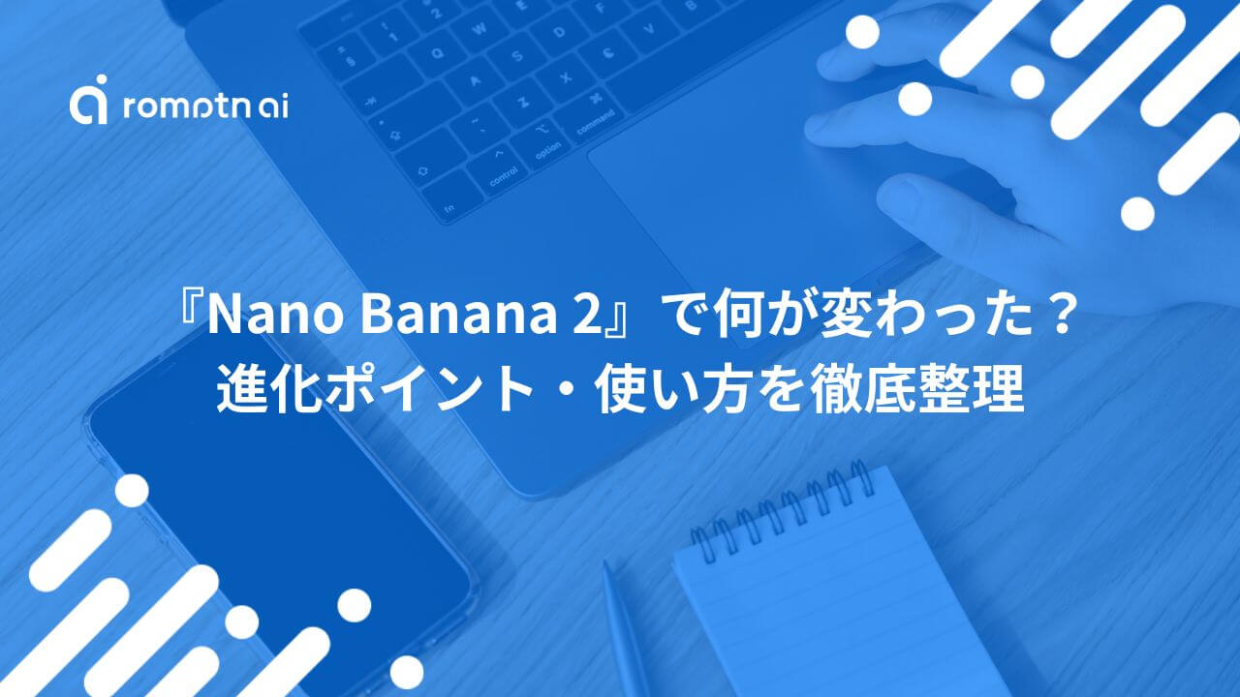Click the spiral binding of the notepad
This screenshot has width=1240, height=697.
point(781,510)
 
